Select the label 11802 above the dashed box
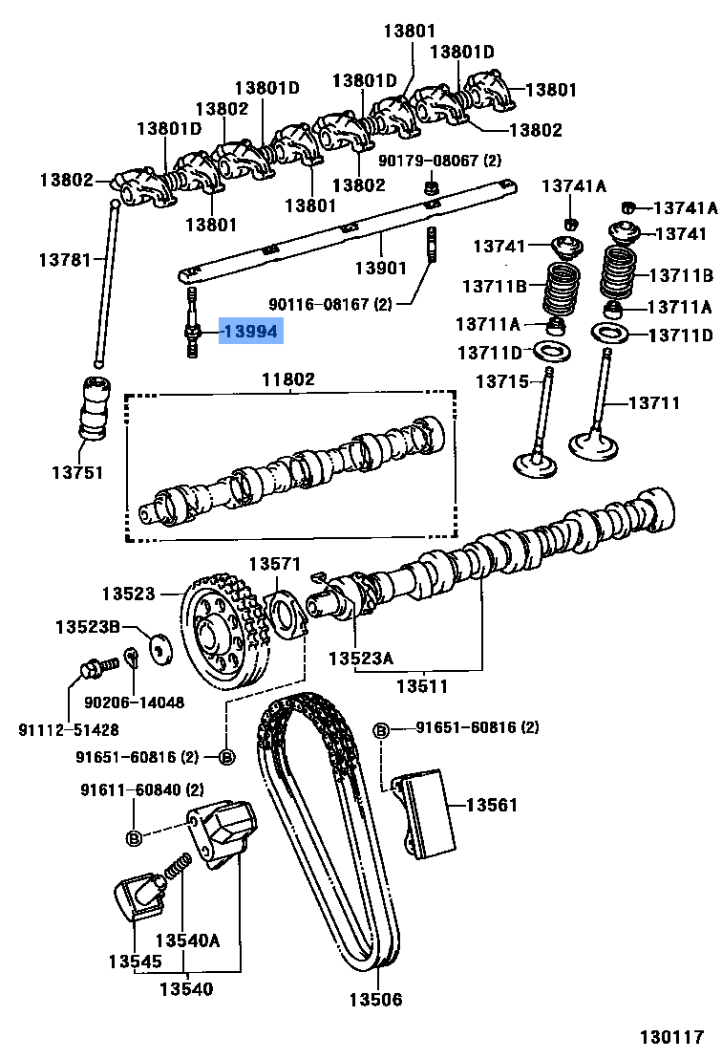(x=287, y=379)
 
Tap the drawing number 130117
(x=671, y=1036)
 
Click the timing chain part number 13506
(x=374, y=1000)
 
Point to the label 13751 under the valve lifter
(x=77, y=472)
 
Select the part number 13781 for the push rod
(x=64, y=260)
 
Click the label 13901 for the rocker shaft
(x=380, y=269)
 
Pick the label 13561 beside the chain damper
(x=491, y=805)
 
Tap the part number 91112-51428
(x=69, y=729)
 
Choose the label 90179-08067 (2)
(x=439, y=160)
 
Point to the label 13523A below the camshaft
(x=360, y=659)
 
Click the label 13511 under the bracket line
(x=422, y=686)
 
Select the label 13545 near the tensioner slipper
(x=134, y=961)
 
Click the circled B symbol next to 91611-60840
(x=134, y=838)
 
